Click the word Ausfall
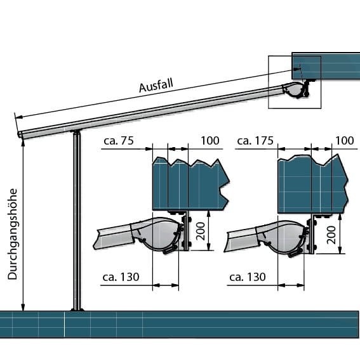tap(156, 86)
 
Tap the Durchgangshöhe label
tap(13, 234)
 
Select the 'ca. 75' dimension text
tap(119, 141)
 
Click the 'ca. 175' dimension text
tap(255, 141)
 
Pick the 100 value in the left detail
tap(210, 141)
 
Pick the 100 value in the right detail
tap(345, 141)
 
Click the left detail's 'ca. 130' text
tap(121, 277)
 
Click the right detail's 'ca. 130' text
tap(248, 277)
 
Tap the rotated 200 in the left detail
tap(201, 231)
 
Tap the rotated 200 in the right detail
tap(331, 235)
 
